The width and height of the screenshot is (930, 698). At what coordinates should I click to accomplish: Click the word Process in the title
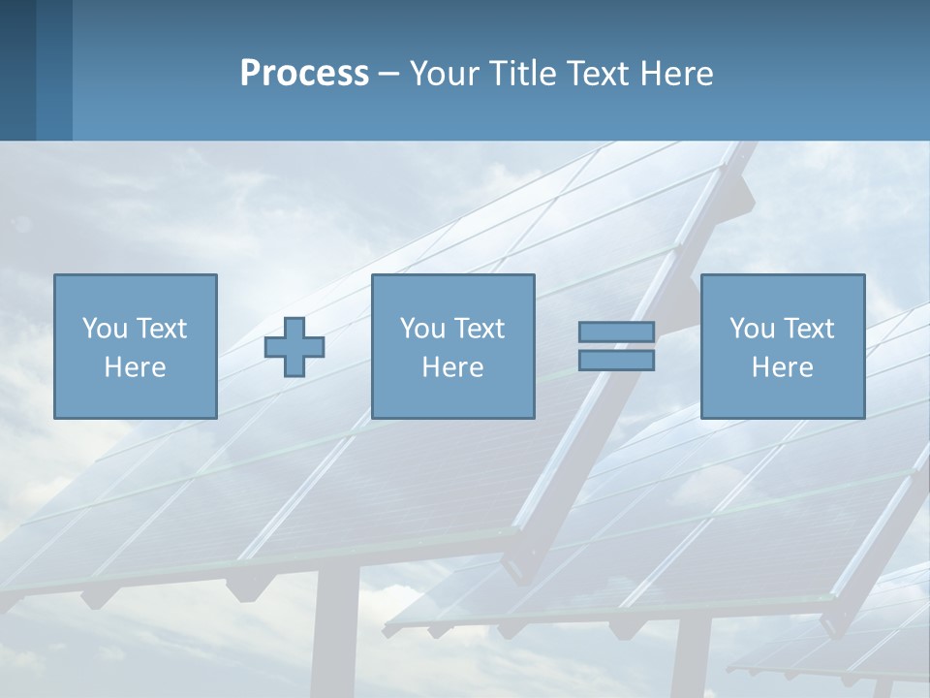(x=304, y=74)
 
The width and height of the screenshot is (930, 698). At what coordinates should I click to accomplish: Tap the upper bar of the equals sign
(x=616, y=333)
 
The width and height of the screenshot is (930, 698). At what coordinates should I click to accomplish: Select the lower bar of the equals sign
(x=616, y=360)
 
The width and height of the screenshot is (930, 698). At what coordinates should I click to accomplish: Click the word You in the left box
(x=105, y=329)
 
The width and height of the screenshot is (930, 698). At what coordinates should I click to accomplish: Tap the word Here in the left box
(x=135, y=367)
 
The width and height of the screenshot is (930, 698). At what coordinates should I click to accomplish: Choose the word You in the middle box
(x=422, y=329)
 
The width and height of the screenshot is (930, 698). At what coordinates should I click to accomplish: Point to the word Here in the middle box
(x=452, y=367)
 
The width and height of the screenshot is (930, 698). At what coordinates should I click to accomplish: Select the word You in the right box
(x=752, y=329)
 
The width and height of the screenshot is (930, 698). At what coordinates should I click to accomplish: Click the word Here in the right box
(x=782, y=367)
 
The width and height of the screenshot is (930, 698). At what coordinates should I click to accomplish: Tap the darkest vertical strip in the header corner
(x=17, y=70)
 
